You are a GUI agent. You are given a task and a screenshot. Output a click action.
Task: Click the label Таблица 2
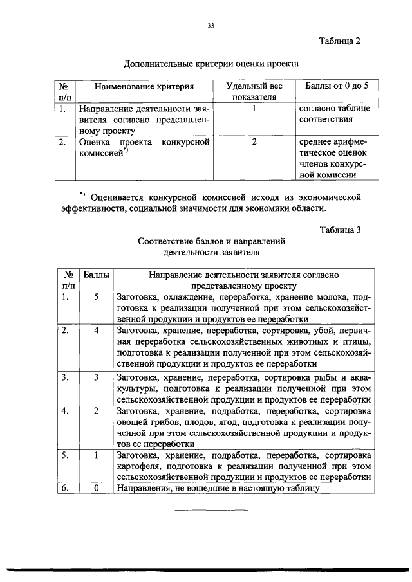(x=339, y=42)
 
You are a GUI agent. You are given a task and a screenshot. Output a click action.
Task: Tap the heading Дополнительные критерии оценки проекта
(x=211, y=64)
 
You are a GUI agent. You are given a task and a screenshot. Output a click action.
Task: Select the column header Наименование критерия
(x=144, y=86)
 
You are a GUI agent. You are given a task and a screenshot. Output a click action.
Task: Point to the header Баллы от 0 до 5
(x=337, y=86)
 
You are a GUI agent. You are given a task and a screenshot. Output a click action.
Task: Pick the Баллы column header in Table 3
(x=95, y=275)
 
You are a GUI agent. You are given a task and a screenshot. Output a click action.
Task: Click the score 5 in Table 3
(x=95, y=297)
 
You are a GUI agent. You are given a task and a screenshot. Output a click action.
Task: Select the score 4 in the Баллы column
(x=95, y=331)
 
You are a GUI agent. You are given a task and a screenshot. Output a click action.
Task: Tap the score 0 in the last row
(x=95, y=488)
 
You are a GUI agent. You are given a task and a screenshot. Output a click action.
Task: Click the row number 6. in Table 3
(x=64, y=488)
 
